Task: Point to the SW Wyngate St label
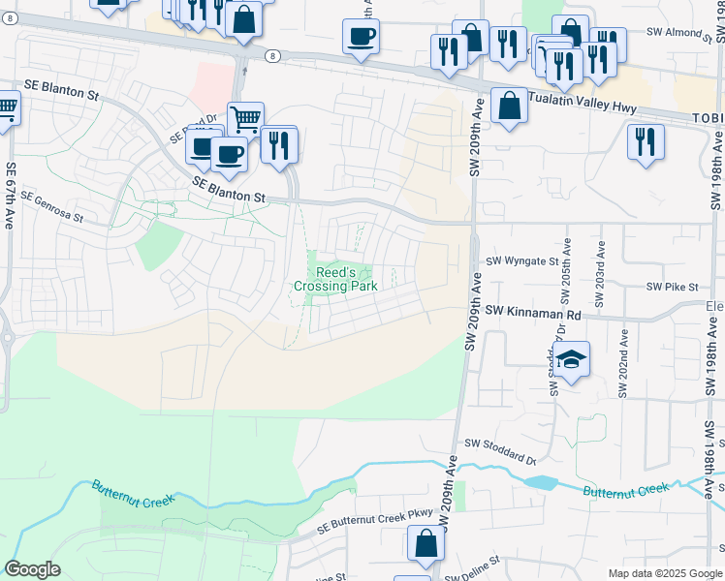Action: click(522, 261)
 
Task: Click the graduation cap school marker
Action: click(572, 360)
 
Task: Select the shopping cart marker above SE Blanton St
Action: click(246, 119)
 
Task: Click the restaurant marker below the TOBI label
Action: click(645, 141)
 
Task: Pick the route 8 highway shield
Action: click(274, 55)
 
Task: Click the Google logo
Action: click(32, 569)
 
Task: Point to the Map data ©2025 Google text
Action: click(664, 573)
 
